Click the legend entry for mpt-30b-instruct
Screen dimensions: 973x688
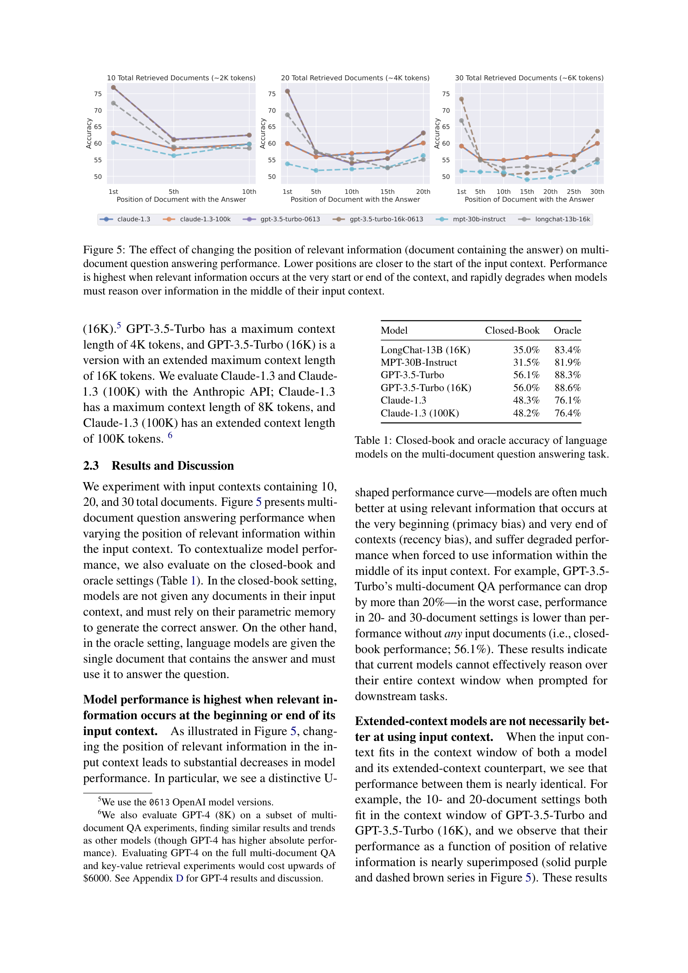(x=479, y=219)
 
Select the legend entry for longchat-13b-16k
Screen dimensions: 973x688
(x=562, y=219)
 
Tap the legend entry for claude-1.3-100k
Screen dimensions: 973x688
(x=205, y=219)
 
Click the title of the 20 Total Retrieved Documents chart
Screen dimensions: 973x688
(x=355, y=78)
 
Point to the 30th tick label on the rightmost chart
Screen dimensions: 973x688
(x=597, y=191)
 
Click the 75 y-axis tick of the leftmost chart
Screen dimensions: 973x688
(x=98, y=94)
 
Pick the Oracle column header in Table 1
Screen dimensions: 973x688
(x=567, y=330)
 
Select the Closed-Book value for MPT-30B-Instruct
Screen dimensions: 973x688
(x=526, y=362)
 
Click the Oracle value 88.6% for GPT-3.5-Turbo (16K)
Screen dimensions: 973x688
(x=567, y=388)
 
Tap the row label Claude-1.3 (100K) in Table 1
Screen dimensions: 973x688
(x=419, y=413)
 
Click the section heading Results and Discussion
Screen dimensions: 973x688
(x=173, y=465)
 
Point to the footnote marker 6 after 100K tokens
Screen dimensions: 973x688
(x=170, y=435)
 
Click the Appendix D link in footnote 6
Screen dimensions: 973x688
(x=179, y=878)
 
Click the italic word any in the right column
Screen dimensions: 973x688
(x=453, y=634)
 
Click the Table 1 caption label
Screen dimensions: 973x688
(x=373, y=440)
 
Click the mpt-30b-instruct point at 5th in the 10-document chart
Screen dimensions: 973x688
(x=174, y=156)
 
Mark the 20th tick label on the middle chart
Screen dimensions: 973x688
(x=423, y=191)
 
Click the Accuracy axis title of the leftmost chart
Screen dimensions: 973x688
(x=89, y=133)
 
